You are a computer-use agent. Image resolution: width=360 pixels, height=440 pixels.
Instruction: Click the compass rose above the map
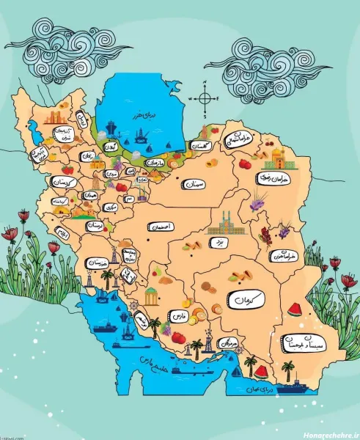(207, 98)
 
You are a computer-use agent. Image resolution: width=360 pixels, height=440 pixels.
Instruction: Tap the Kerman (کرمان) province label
(245, 301)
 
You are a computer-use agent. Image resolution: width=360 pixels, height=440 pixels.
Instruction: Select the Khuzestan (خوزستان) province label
(97, 263)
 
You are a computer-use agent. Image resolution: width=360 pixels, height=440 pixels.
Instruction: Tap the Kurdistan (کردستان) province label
(65, 180)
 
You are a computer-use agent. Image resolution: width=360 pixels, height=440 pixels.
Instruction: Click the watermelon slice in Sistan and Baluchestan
(295, 309)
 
